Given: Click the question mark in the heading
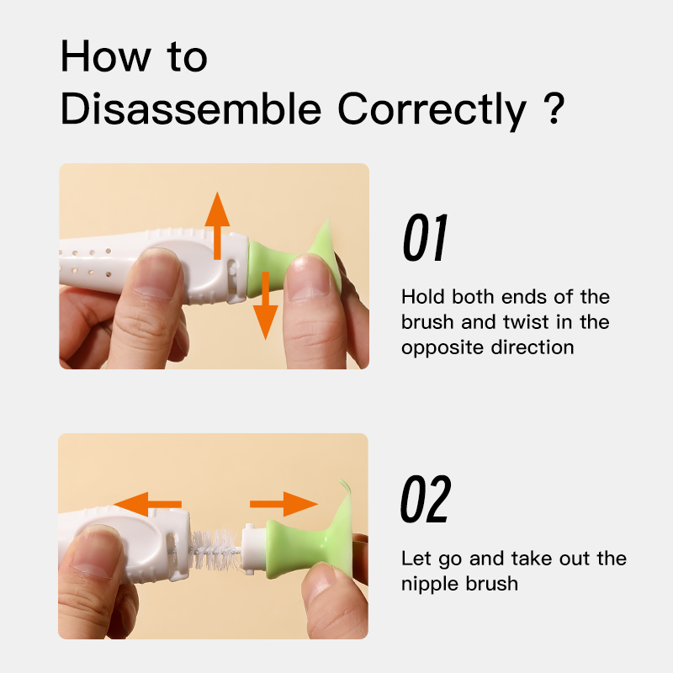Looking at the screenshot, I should [553, 110].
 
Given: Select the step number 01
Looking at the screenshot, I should [424, 239].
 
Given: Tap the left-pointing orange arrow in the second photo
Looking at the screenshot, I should [148, 505].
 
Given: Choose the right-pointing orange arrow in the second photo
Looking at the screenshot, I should [284, 505].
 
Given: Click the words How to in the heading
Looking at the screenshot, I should [134, 57].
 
